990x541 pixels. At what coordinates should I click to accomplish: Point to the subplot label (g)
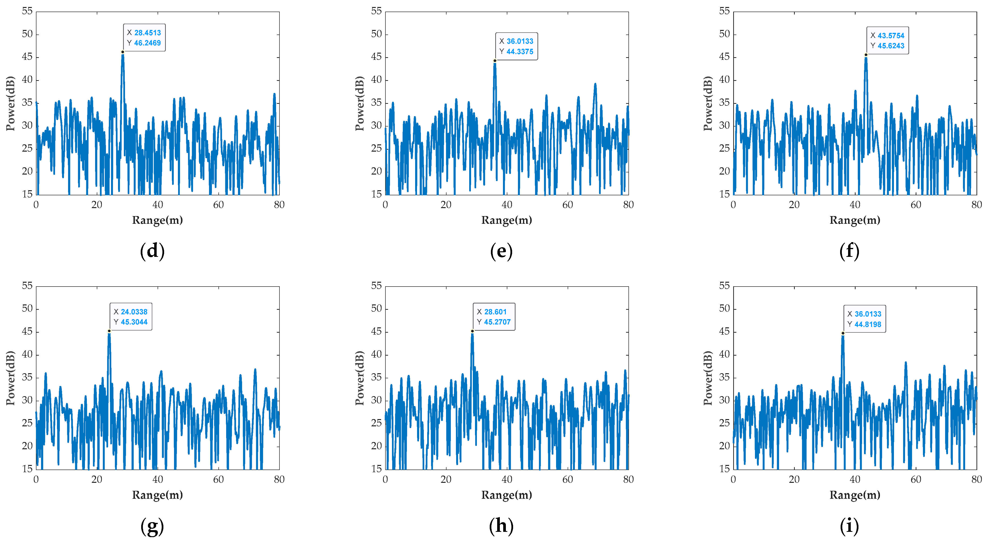coord(153,526)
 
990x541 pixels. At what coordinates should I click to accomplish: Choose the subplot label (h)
coord(501,526)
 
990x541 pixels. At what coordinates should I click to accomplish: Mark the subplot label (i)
coord(849,526)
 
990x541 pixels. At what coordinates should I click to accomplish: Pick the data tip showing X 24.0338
coord(131,317)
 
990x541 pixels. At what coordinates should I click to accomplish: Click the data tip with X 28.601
coord(494,317)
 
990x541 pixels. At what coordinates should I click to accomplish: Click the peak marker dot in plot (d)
coord(123,52)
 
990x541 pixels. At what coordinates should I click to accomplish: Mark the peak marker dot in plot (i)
coord(843,333)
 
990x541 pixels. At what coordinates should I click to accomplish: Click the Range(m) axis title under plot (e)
coord(507,220)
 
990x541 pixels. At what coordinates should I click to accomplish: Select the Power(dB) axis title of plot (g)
coord(10,378)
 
